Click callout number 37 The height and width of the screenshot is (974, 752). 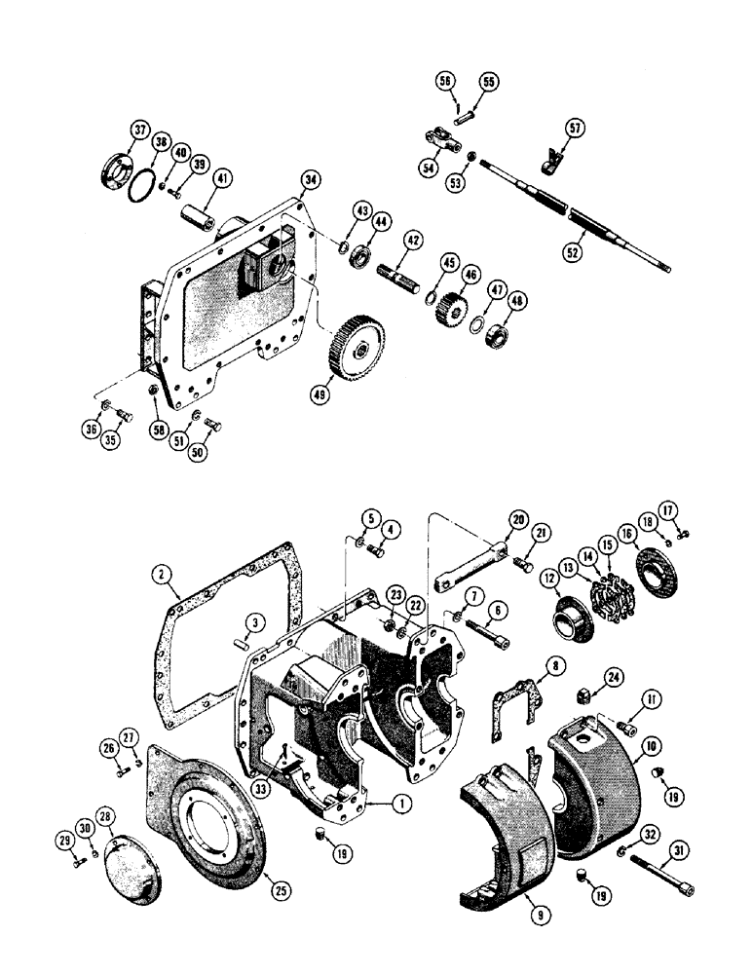tap(139, 132)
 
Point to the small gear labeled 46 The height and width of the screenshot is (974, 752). tap(452, 310)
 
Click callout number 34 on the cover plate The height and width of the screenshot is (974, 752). tap(310, 179)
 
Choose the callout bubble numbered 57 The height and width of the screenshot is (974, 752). tap(576, 127)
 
